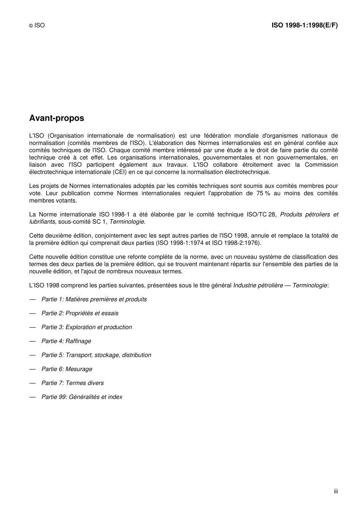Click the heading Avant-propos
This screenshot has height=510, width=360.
56,118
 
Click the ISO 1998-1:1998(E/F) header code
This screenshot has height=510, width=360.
304,25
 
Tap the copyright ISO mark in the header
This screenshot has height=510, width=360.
37,25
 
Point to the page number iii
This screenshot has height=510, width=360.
335,491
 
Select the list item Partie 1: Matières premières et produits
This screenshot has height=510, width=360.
94,300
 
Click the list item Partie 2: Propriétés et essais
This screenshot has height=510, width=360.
80,314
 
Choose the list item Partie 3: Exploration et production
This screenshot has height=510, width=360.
86,327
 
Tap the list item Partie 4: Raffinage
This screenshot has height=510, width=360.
66,341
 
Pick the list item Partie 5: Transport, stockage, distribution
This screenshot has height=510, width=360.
96,355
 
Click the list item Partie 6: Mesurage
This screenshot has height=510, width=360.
67,369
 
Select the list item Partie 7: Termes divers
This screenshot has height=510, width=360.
72,383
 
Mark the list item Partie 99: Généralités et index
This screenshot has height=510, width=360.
82,397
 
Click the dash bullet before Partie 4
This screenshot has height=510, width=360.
33,341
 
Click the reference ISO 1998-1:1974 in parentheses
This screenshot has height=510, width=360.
180,243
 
